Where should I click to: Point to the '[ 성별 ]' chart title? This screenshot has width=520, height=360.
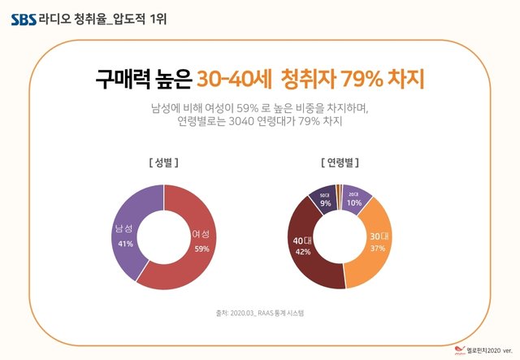tap(163, 162)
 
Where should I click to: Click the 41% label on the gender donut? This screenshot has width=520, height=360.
tap(125, 244)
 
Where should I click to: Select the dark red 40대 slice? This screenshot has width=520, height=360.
tap(313, 260)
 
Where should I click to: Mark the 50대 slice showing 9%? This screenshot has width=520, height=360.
tap(324, 201)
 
